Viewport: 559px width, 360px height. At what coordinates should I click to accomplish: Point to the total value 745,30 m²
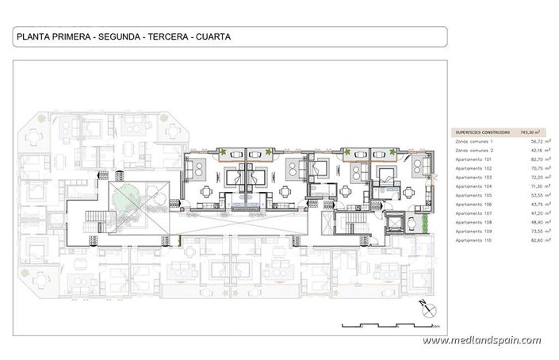click(530, 132)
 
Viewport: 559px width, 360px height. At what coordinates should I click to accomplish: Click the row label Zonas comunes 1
click(474, 141)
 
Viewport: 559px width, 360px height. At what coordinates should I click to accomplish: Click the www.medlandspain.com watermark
click(481, 341)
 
